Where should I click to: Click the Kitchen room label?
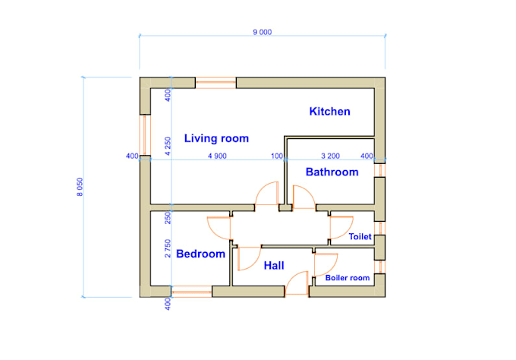coord(329,112)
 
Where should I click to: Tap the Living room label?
coord(216,138)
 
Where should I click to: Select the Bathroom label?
coord(332,172)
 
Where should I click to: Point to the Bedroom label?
coord(200,254)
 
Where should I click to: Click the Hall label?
coord(274,266)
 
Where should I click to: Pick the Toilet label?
coord(360,236)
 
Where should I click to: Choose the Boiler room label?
coord(348,278)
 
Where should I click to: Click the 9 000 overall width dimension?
coord(263,32)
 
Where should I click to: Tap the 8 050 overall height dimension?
coord(80,187)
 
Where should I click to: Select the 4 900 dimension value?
coord(217,156)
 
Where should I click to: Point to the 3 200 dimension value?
coord(330,156)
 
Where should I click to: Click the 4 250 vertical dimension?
coord(168,147)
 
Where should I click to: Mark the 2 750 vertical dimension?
coord(168,248)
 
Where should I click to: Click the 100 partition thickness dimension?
coord(277,156)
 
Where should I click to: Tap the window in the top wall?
coord(216,83)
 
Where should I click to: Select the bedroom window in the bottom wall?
coord(192,292)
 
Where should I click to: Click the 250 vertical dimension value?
coord(168,218)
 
